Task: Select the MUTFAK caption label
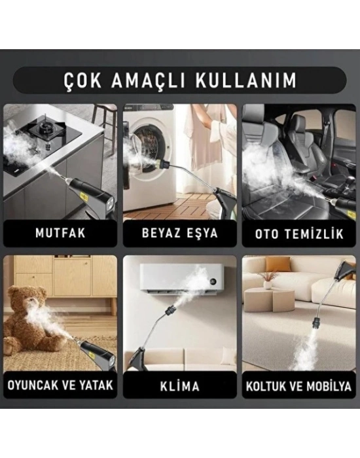(60, 232)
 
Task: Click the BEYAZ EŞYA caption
(180, 232)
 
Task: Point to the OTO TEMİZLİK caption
(300, 232)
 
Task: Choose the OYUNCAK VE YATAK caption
(60, 385)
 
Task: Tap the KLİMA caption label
(180, 385)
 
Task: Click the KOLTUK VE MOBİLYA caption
(300, 385)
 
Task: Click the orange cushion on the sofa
(278, 264)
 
